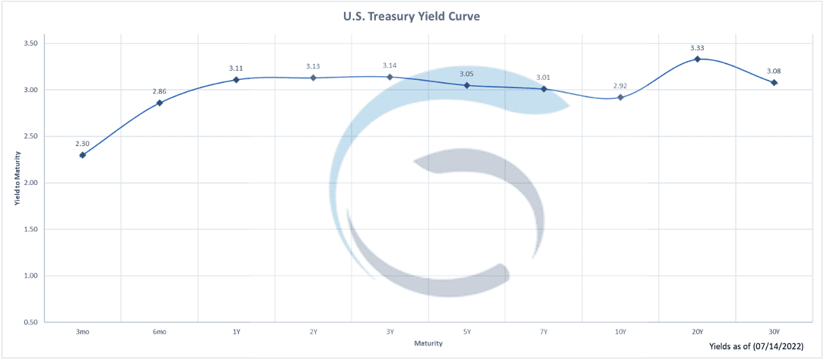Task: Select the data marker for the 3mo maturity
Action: tap(82, 155)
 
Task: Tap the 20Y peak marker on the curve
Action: tap(697, 59)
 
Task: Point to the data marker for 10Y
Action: tap(620, 97)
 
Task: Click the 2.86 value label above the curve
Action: tap(160, 91)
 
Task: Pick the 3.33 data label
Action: tap(697, 48)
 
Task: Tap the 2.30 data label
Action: tap(82, 143)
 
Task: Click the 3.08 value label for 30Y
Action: tap(774, 71)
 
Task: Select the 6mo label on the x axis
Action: tap(160, 332)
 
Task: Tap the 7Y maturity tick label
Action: tap(543, 332)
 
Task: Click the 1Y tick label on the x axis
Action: tap(237, 332)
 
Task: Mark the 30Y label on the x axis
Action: tap(774, 332)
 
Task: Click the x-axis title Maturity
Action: tap(428, 343)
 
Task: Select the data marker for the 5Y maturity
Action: tap(466, 85)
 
